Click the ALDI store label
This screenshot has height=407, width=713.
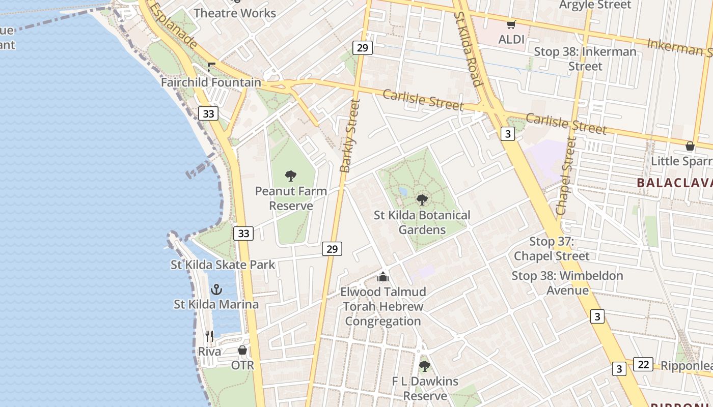point(511,39)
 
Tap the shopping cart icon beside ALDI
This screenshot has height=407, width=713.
point(511,24)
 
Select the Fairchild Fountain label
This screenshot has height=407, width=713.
point(211,82)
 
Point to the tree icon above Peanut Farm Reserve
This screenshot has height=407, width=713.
point(291,176)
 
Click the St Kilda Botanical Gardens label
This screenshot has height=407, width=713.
point(422,222)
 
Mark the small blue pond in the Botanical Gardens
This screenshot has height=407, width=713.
point(403,192)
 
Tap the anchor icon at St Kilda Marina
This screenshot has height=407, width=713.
point(216,289)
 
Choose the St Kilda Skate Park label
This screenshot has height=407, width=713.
point(223,265)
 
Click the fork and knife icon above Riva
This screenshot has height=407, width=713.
point(209,336)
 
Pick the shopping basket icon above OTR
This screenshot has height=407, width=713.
point(242,350)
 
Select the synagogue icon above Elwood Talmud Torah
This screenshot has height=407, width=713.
point(383,277)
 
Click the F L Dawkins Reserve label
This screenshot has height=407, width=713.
point(425,388)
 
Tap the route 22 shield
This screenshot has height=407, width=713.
point(643,364)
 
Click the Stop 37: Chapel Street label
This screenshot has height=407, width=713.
point(552,249)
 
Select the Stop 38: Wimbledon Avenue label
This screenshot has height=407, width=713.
point(567,283)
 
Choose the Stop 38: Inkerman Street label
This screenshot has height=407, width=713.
point(585,59)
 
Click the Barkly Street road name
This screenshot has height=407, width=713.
point(350,136)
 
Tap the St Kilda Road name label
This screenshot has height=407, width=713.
point(468,49)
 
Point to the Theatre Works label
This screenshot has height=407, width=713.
point(235,13)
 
